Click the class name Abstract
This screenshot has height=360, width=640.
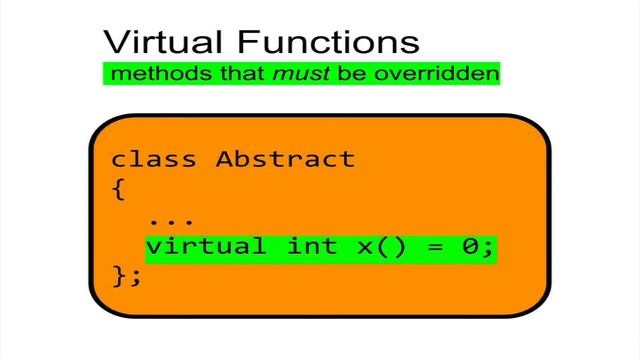click(286, 159)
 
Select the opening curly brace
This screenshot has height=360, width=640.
click(119, 188)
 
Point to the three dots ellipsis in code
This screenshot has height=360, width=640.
click(172, 217)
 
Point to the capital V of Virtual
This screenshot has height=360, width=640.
click(118, 42)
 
